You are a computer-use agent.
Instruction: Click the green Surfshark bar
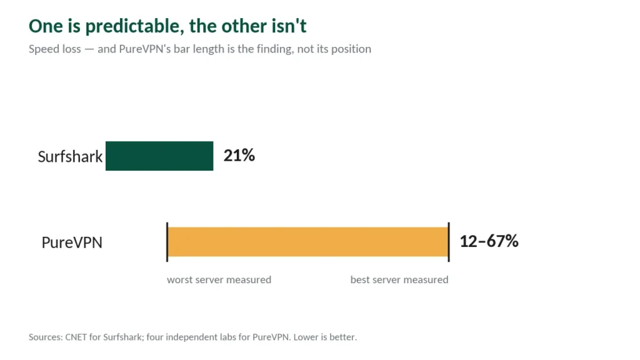[159, 156]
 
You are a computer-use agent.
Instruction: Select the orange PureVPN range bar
[307, 242]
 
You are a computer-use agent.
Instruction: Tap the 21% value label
[239, 156]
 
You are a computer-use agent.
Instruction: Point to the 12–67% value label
[489, 241]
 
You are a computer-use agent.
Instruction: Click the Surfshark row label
[70, 156]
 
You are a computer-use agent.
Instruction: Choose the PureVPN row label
[72, 242]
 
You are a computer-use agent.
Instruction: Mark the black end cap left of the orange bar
[167, 242]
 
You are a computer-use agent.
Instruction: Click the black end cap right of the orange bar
[449, 242]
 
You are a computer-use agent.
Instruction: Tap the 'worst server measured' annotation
[219, 279]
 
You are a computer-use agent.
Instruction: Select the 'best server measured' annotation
[399, 279]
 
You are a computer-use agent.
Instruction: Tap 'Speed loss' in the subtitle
[55, 49]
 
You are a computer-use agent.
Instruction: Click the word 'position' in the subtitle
[351, 49]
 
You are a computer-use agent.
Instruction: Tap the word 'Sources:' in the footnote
[46, 337]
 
